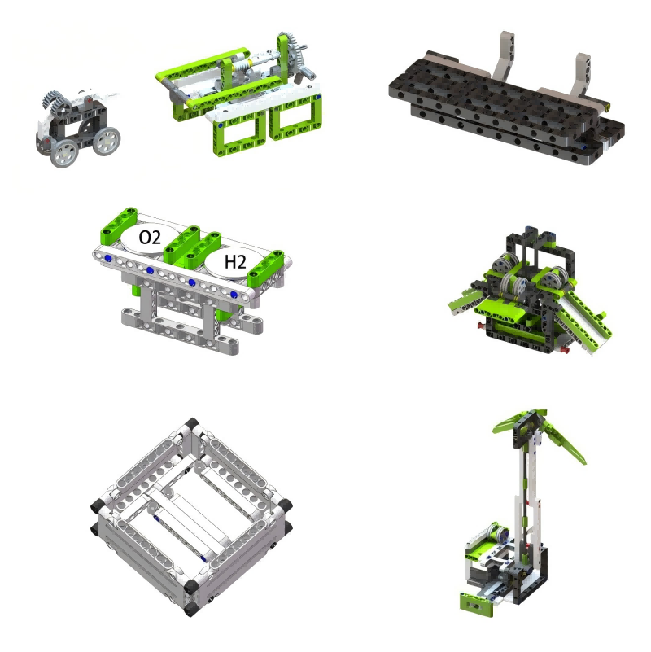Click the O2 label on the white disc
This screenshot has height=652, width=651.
click(150, 238)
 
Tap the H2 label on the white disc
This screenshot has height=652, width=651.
click(235, 262)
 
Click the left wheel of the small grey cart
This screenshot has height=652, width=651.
click(65, 152)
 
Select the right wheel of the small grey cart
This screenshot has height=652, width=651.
click(107, 141)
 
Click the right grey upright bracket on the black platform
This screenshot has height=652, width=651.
click(581, 75)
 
